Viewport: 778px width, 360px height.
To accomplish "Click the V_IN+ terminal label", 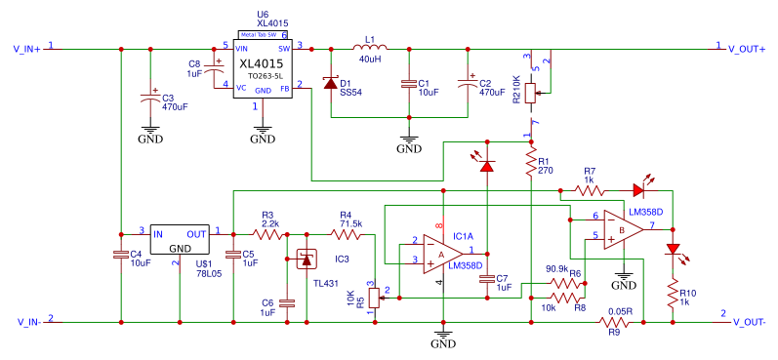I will (26, 48).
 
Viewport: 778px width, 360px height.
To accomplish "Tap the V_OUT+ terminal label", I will (746, 48).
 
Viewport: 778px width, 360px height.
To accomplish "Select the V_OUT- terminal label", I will (746, 321).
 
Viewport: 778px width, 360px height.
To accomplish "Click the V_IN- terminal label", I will (26, 321).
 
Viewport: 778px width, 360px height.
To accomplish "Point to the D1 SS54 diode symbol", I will (331, 85).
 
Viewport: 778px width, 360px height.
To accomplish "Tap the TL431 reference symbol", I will (307, 260).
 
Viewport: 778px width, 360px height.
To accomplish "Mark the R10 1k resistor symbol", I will (672, 292).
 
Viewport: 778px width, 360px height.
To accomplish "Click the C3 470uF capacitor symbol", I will (150, 97).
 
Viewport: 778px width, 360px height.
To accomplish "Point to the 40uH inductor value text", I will (369, 60).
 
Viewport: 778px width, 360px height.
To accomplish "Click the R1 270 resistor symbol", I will (530, 164).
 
